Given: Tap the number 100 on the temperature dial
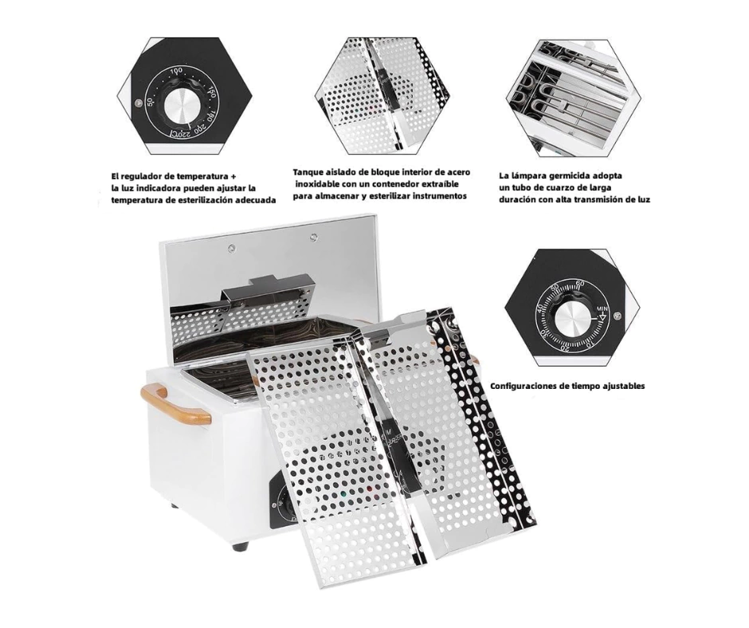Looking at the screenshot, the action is click(x=176, y=71).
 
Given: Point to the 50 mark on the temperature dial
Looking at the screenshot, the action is click(x=150, y=102).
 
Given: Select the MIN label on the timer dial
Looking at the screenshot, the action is click(x=602, y=308).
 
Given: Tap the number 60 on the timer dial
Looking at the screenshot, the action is click(x=580, y=284).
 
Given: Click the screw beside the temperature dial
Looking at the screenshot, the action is click(x=138, y=102).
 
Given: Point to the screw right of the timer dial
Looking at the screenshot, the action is click(x=617, y=315).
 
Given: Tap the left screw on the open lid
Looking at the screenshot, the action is click(x=231, y=247).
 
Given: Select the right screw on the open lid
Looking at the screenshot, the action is click(x=313, y=237).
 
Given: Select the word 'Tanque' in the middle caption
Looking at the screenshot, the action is click(x=308, y=172).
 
